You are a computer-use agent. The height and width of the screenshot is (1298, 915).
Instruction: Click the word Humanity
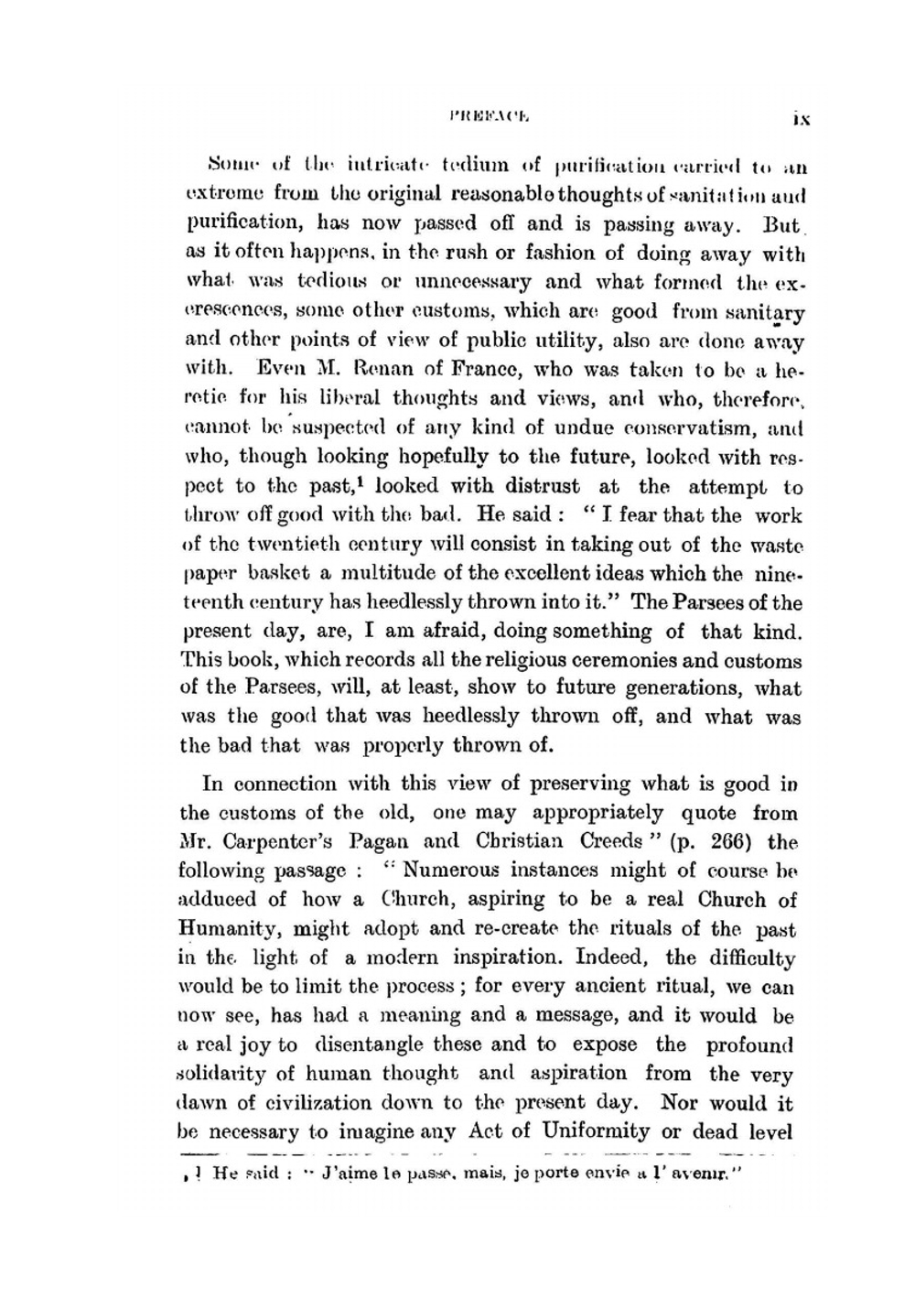pyautogui.click(x=231, y=928)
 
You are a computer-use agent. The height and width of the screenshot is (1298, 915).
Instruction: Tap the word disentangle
pyautogui.click(x=366, y=1044)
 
